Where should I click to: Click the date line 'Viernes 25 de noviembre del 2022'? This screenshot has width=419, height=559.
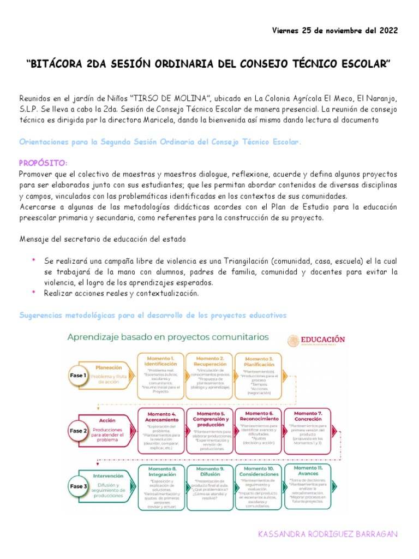tap(335, 30)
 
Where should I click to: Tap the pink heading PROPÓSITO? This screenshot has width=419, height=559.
tap(44, 163)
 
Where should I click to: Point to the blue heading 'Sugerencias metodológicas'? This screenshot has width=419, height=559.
tap(71, 316)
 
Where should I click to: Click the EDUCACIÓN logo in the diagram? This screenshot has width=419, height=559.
tap(316, 340)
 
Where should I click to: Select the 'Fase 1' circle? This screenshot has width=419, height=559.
tap(77, 376)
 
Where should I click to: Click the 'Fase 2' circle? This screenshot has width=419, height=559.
tap(77, 431)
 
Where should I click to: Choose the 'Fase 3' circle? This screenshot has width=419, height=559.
tap(77, 485)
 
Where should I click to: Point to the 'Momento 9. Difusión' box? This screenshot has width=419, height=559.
tap(211, 486)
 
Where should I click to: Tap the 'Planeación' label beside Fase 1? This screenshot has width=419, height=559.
tap(109, 367)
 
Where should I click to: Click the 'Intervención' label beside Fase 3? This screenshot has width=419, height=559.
tap(109, 475)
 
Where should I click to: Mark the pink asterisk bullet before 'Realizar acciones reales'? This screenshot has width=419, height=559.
tap(33, 293)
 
